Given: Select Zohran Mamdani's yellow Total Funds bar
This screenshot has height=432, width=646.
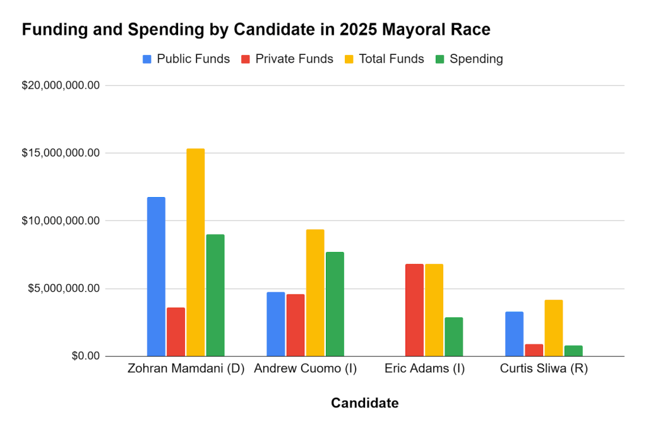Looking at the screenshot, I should click(x=195, y=253).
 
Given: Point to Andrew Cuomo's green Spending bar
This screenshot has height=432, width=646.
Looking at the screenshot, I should click(x=334, y=304).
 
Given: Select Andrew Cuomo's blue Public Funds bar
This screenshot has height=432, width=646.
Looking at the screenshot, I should click(x=275, y=324).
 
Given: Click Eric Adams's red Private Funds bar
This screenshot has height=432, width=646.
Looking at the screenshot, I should click(x=414, y=309).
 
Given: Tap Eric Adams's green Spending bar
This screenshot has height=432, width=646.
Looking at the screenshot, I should click(x=453, y=337).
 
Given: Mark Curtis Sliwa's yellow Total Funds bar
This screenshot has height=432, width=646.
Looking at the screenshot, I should click(x=553, y=328).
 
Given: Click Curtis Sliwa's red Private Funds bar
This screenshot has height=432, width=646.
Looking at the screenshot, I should click(x=534, y=350).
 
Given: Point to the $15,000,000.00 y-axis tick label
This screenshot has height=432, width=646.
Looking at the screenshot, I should click(x=61, y=153).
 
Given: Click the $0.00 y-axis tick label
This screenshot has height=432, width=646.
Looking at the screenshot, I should click(x=85, y=356).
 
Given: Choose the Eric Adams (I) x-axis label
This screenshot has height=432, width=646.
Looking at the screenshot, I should click(x=424, y=369).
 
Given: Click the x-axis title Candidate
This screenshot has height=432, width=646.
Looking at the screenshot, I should click(x=364, y=403).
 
